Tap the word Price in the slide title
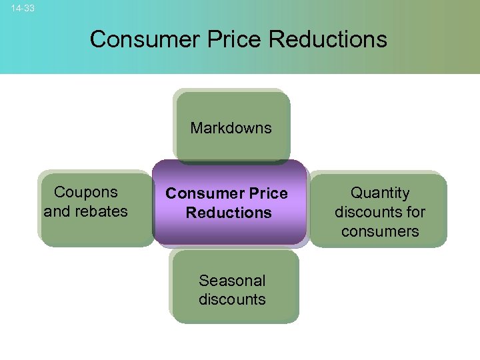pos(220,39)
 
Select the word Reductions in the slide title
pos(327,39)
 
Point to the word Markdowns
pos(231,127)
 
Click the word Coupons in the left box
pos(85,192)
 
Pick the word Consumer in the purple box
pos(197,193)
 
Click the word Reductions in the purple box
pos(229,213)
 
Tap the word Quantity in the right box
pos(380,193)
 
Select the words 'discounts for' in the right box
pos(380,212)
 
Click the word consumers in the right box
pos(380,231)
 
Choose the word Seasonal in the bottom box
pos(232,280)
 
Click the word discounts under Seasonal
pos(232,299)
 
